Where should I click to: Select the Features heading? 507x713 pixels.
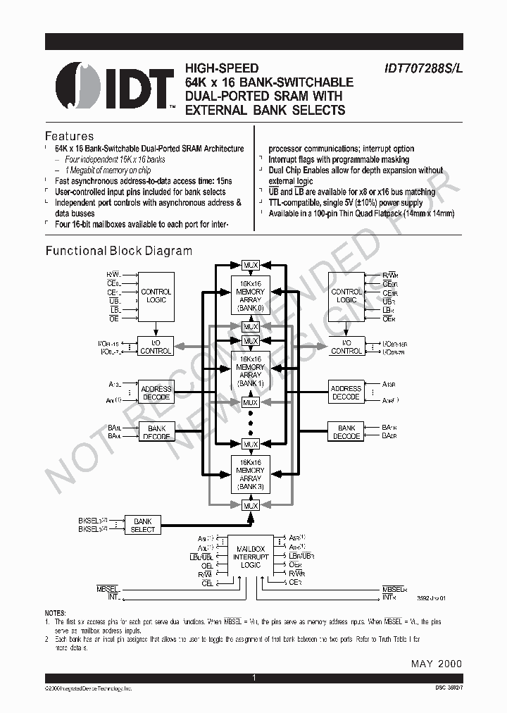69,136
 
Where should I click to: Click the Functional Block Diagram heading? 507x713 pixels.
118,251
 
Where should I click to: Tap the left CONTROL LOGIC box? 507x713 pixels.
156,296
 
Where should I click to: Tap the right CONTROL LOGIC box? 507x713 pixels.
346,296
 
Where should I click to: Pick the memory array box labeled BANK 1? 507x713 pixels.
251,371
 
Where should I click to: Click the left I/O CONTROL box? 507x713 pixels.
156,347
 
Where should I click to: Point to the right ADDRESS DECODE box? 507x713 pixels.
346,392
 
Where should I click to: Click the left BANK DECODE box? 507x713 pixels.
156,432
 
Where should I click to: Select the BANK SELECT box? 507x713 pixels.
142,525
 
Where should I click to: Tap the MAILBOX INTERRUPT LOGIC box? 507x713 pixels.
251,556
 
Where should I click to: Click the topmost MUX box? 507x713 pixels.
251,265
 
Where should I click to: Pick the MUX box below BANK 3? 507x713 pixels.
251,505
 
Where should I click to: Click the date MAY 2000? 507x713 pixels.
436,664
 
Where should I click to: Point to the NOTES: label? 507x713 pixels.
55,614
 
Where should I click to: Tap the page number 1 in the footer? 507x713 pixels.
253,678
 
